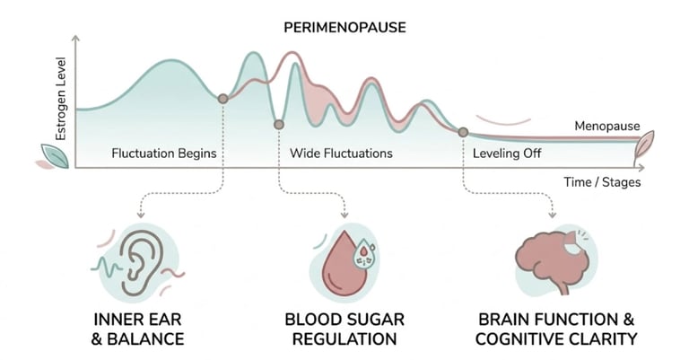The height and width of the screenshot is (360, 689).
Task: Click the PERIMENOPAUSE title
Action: [344, 27]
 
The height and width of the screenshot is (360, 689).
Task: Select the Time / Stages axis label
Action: [602, 181]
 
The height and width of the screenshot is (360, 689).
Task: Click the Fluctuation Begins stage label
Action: [164, 154]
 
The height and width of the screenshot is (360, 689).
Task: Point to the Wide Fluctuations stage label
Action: [341, 154]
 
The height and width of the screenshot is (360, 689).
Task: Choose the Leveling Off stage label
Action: [507, 154]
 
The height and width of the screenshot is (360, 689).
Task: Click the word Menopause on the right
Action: [607, 126]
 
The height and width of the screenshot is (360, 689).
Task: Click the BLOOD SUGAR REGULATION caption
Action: [344, 329]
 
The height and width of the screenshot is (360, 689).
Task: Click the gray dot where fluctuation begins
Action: [222, 98]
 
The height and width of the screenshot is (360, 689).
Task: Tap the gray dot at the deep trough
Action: [279, 124]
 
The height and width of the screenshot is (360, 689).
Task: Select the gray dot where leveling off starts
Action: [463, 132]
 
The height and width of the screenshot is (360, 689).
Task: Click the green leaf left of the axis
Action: [55, 155]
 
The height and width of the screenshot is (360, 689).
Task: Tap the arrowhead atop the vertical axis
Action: [76, 40]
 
